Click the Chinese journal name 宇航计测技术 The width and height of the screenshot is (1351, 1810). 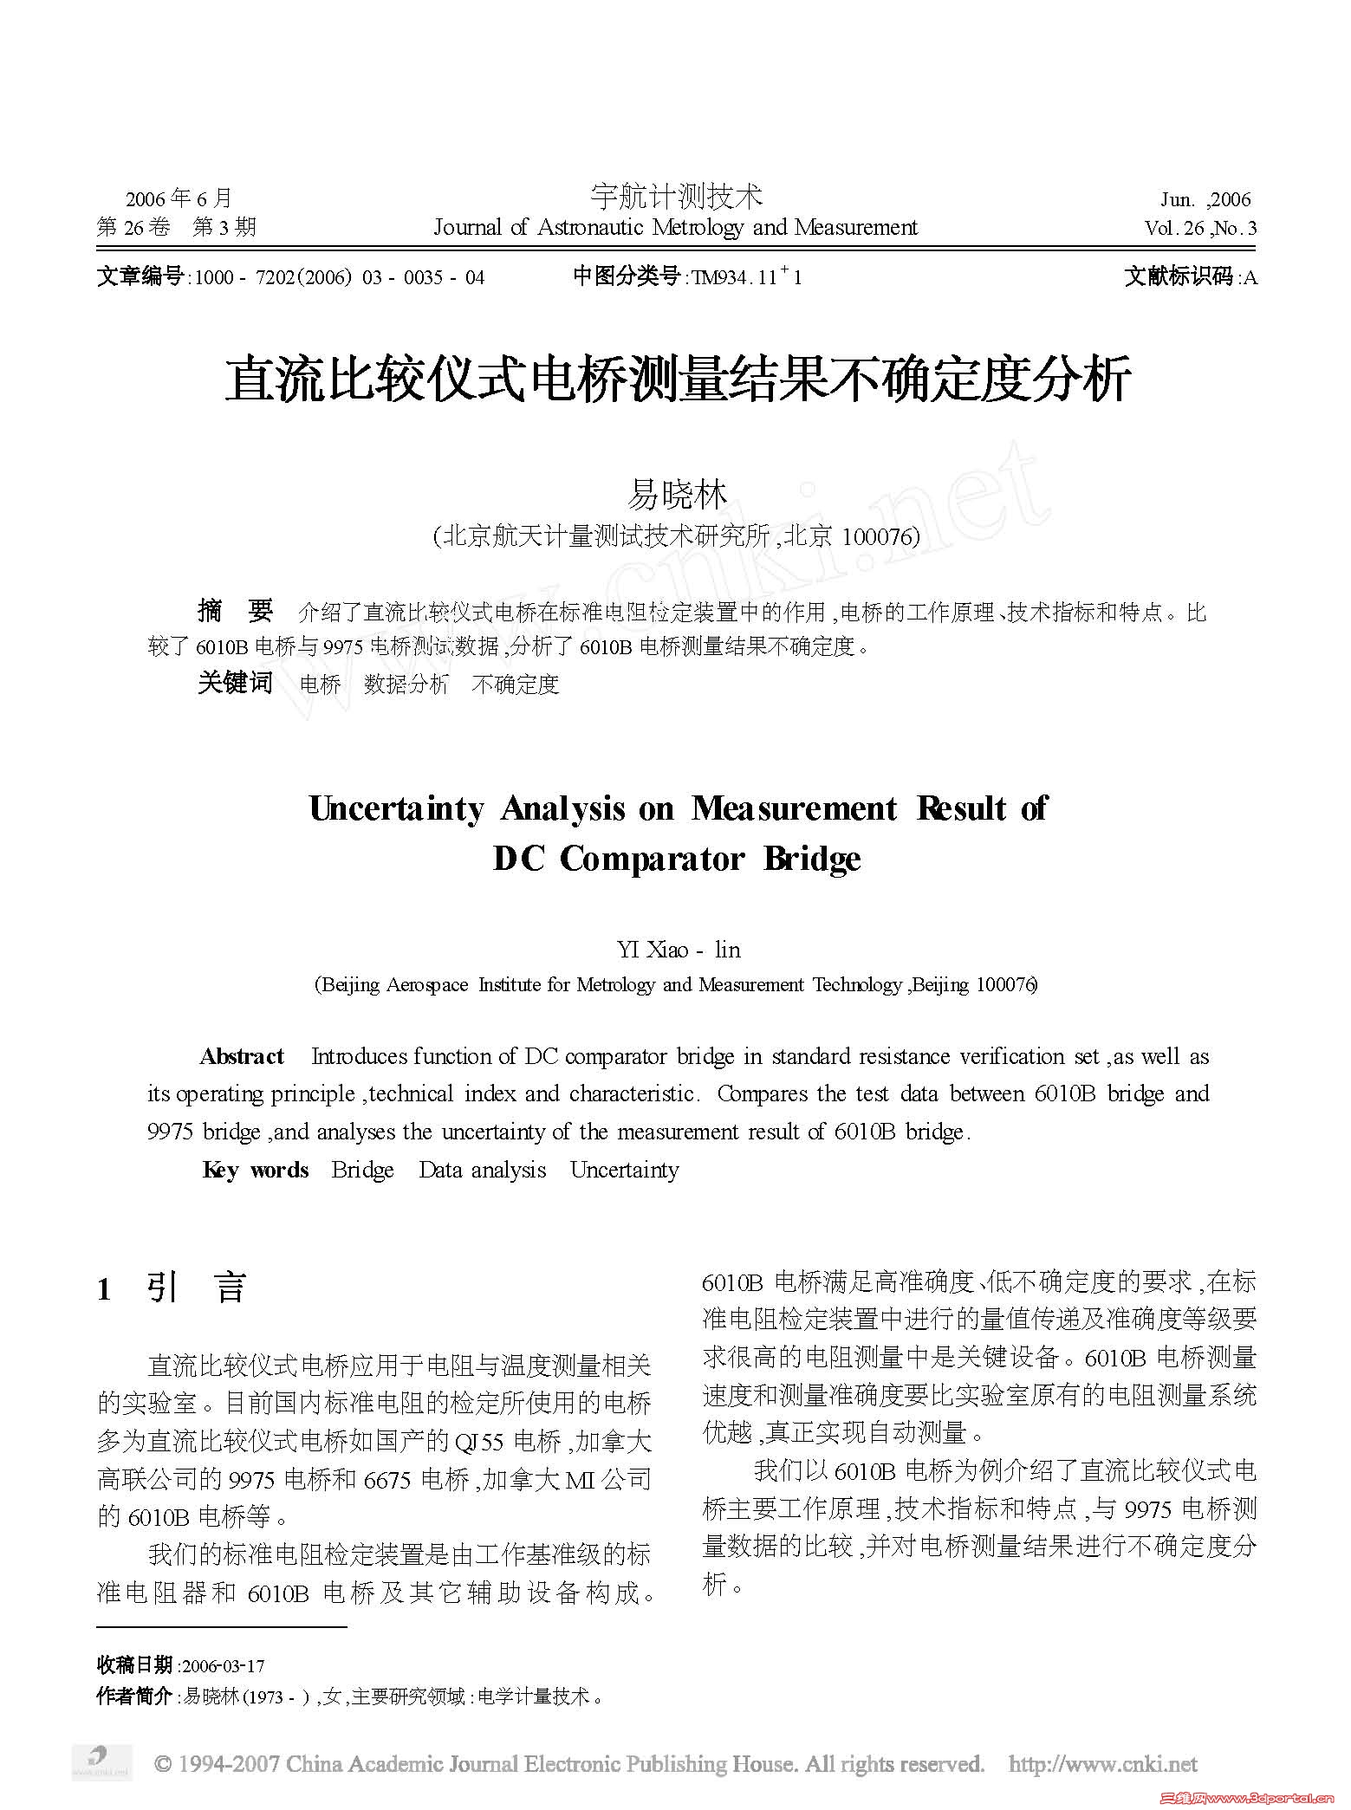click(676, 197)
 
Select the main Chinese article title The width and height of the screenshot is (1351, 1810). click(677, 380)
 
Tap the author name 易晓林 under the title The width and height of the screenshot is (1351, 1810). click(676, 495)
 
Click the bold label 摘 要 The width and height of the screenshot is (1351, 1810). click(235, 612)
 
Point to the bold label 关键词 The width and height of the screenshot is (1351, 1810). click(235, 683)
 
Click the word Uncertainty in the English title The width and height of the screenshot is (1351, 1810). click(397, 808)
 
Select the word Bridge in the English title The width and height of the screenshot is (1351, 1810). click(812, 859)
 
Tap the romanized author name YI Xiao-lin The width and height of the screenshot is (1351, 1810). click(679, 950)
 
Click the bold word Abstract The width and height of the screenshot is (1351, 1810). click(242, 1056)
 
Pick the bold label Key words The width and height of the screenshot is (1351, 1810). click(256, 1170)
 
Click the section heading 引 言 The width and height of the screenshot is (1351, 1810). click(197, 1288)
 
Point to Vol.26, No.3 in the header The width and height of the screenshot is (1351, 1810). click(1200, 228)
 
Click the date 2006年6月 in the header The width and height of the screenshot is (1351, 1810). click(179, 198)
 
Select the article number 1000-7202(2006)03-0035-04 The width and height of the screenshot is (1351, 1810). click(339, 277)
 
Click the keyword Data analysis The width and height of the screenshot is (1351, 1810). click(482, 1170)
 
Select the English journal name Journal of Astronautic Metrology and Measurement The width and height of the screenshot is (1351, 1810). click(675, 228)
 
